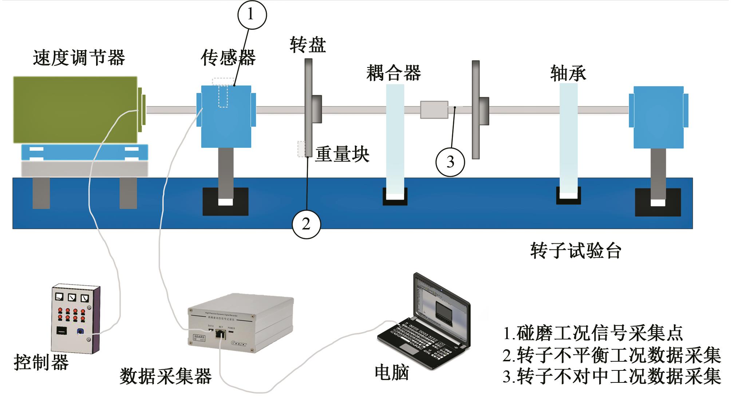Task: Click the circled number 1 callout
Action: click(x=252, y=15)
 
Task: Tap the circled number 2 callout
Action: click(x=307, y=224)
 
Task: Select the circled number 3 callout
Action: click(x=450, y=162)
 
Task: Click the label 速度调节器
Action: click(x=79, y=58)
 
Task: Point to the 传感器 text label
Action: click(x=228, y=58)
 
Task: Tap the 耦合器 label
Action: click(x=394, y=72)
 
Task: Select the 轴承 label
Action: click(x=568, y=73)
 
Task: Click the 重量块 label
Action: click(x=342, y=154)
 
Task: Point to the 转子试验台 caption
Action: click(x=576, y=251)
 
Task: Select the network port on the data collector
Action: click(x=220, y=333)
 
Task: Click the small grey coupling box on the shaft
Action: click(x=434, y=110)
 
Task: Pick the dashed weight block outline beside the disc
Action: click(x=301, y=149)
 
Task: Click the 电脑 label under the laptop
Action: click(x=392, y=372)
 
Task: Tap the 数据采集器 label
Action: click(x=166, y=376)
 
